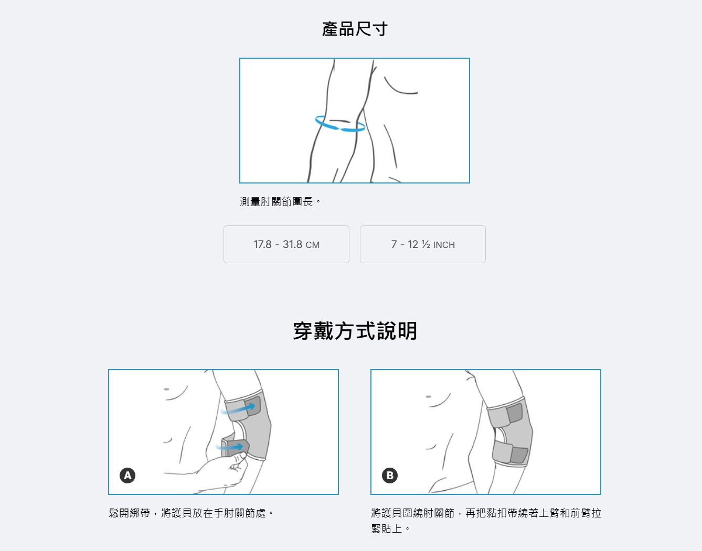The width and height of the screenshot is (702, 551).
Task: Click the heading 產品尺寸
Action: tap(354, 29)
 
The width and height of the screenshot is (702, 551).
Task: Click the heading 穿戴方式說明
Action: tap(355, 331)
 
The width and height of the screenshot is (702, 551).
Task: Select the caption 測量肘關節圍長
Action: tap(280, 202)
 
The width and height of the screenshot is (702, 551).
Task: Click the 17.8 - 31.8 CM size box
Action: tap(286, 244)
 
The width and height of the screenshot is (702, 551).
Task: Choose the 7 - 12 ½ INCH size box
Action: tap(422, 244)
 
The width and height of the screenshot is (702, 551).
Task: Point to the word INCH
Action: tap(443, 245)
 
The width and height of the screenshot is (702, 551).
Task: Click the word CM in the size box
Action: tap(312, 245)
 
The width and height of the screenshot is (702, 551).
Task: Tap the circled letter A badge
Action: tap(127, 476)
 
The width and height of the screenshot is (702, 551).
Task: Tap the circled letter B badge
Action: tap(390, 476)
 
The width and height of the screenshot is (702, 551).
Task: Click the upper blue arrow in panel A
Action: tap(238, 409)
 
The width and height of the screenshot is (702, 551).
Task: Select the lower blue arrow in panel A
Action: tap(229, 447)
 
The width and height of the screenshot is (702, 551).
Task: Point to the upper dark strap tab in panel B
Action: tap(515, 413)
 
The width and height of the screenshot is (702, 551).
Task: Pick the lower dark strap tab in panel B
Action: tap(519, 455)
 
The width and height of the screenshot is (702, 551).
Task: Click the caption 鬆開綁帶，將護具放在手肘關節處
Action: tap(192, 513)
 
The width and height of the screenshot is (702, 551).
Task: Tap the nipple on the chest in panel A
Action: tap(166, 390)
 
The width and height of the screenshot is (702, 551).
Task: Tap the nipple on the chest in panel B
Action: tap(428, 396)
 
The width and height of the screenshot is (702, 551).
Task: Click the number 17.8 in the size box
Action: tap(262, 244)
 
